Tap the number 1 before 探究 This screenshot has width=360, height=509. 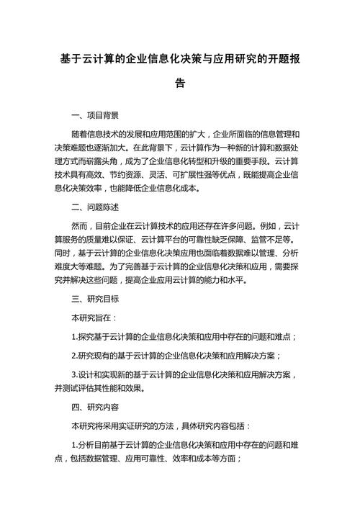coord(74,336)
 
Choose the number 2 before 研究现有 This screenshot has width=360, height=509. coord(74,355)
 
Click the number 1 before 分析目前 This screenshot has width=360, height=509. coord(74,444)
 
